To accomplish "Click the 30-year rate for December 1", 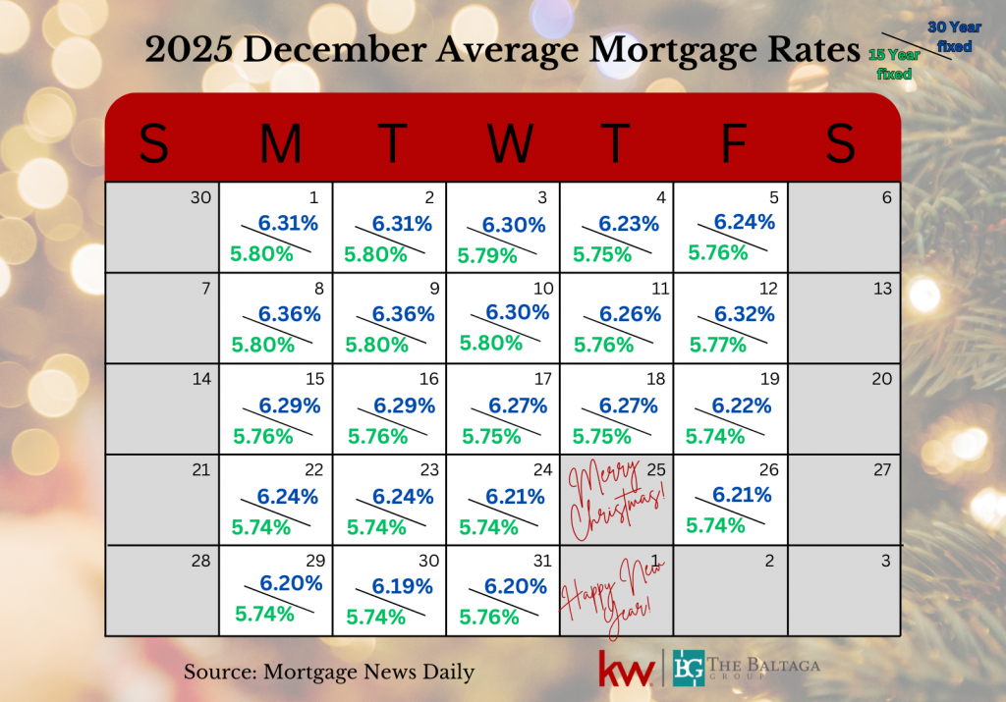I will (x=288, y=224).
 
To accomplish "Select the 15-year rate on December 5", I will (x=718, y=252).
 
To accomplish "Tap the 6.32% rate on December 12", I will (x=744, y=314).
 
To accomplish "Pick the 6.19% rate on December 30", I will (x=403, y=586).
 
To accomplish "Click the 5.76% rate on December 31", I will (x=488, y=618).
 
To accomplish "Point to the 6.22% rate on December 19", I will (x=742, y=405).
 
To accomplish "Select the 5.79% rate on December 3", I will (x=488, y=255).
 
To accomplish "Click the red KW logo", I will (x=626, y=670).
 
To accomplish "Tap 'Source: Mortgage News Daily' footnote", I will (x=329, y=673).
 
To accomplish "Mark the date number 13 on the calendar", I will (x=882, y=288).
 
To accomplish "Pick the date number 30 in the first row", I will (x=200, y=197).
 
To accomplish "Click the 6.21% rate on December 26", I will (x=743, y=495).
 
